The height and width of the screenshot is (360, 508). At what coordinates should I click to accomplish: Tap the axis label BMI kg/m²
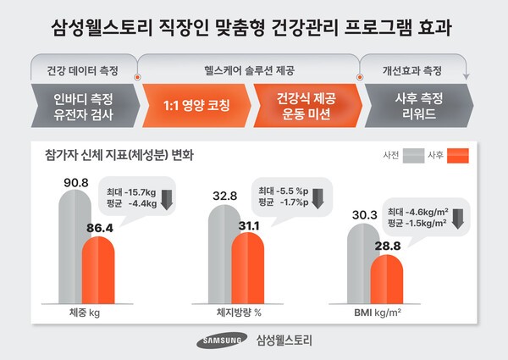tap(376, 313)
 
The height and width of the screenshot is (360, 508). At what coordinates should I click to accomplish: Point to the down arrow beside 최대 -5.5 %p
tap(317, 198)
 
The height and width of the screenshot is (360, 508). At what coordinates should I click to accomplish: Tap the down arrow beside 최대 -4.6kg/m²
tap(457, 217)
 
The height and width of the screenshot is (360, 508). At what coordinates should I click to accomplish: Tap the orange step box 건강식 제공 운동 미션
tap(306, 104)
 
